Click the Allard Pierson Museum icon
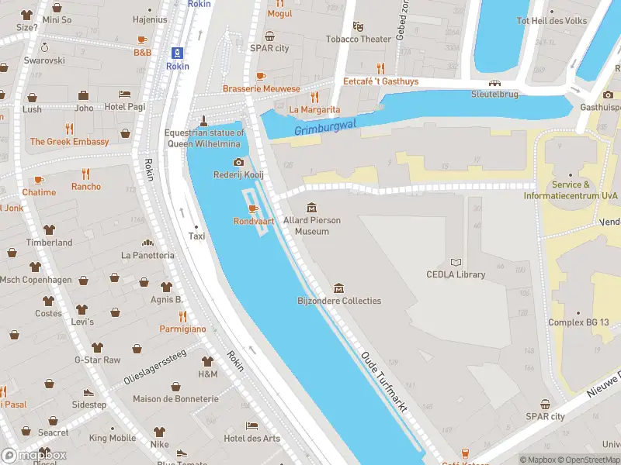[311, 208]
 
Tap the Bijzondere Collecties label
[339, 301]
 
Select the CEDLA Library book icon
[456, 263]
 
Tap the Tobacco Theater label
[358, 39]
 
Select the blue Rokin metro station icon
[178, 53]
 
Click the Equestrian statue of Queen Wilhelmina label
[204, 138]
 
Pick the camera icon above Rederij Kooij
[238, 162]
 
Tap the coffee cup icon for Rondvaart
[252, 209]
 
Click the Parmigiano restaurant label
[184, 329]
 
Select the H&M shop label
[207, 374]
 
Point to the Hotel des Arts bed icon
[252, 426]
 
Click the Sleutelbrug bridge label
[494, 95]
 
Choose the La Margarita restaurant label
[314, 110]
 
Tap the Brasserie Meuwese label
[261, 88]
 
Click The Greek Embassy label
[69, 142]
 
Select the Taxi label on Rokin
[197, 236]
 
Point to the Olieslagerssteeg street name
[155, 367]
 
